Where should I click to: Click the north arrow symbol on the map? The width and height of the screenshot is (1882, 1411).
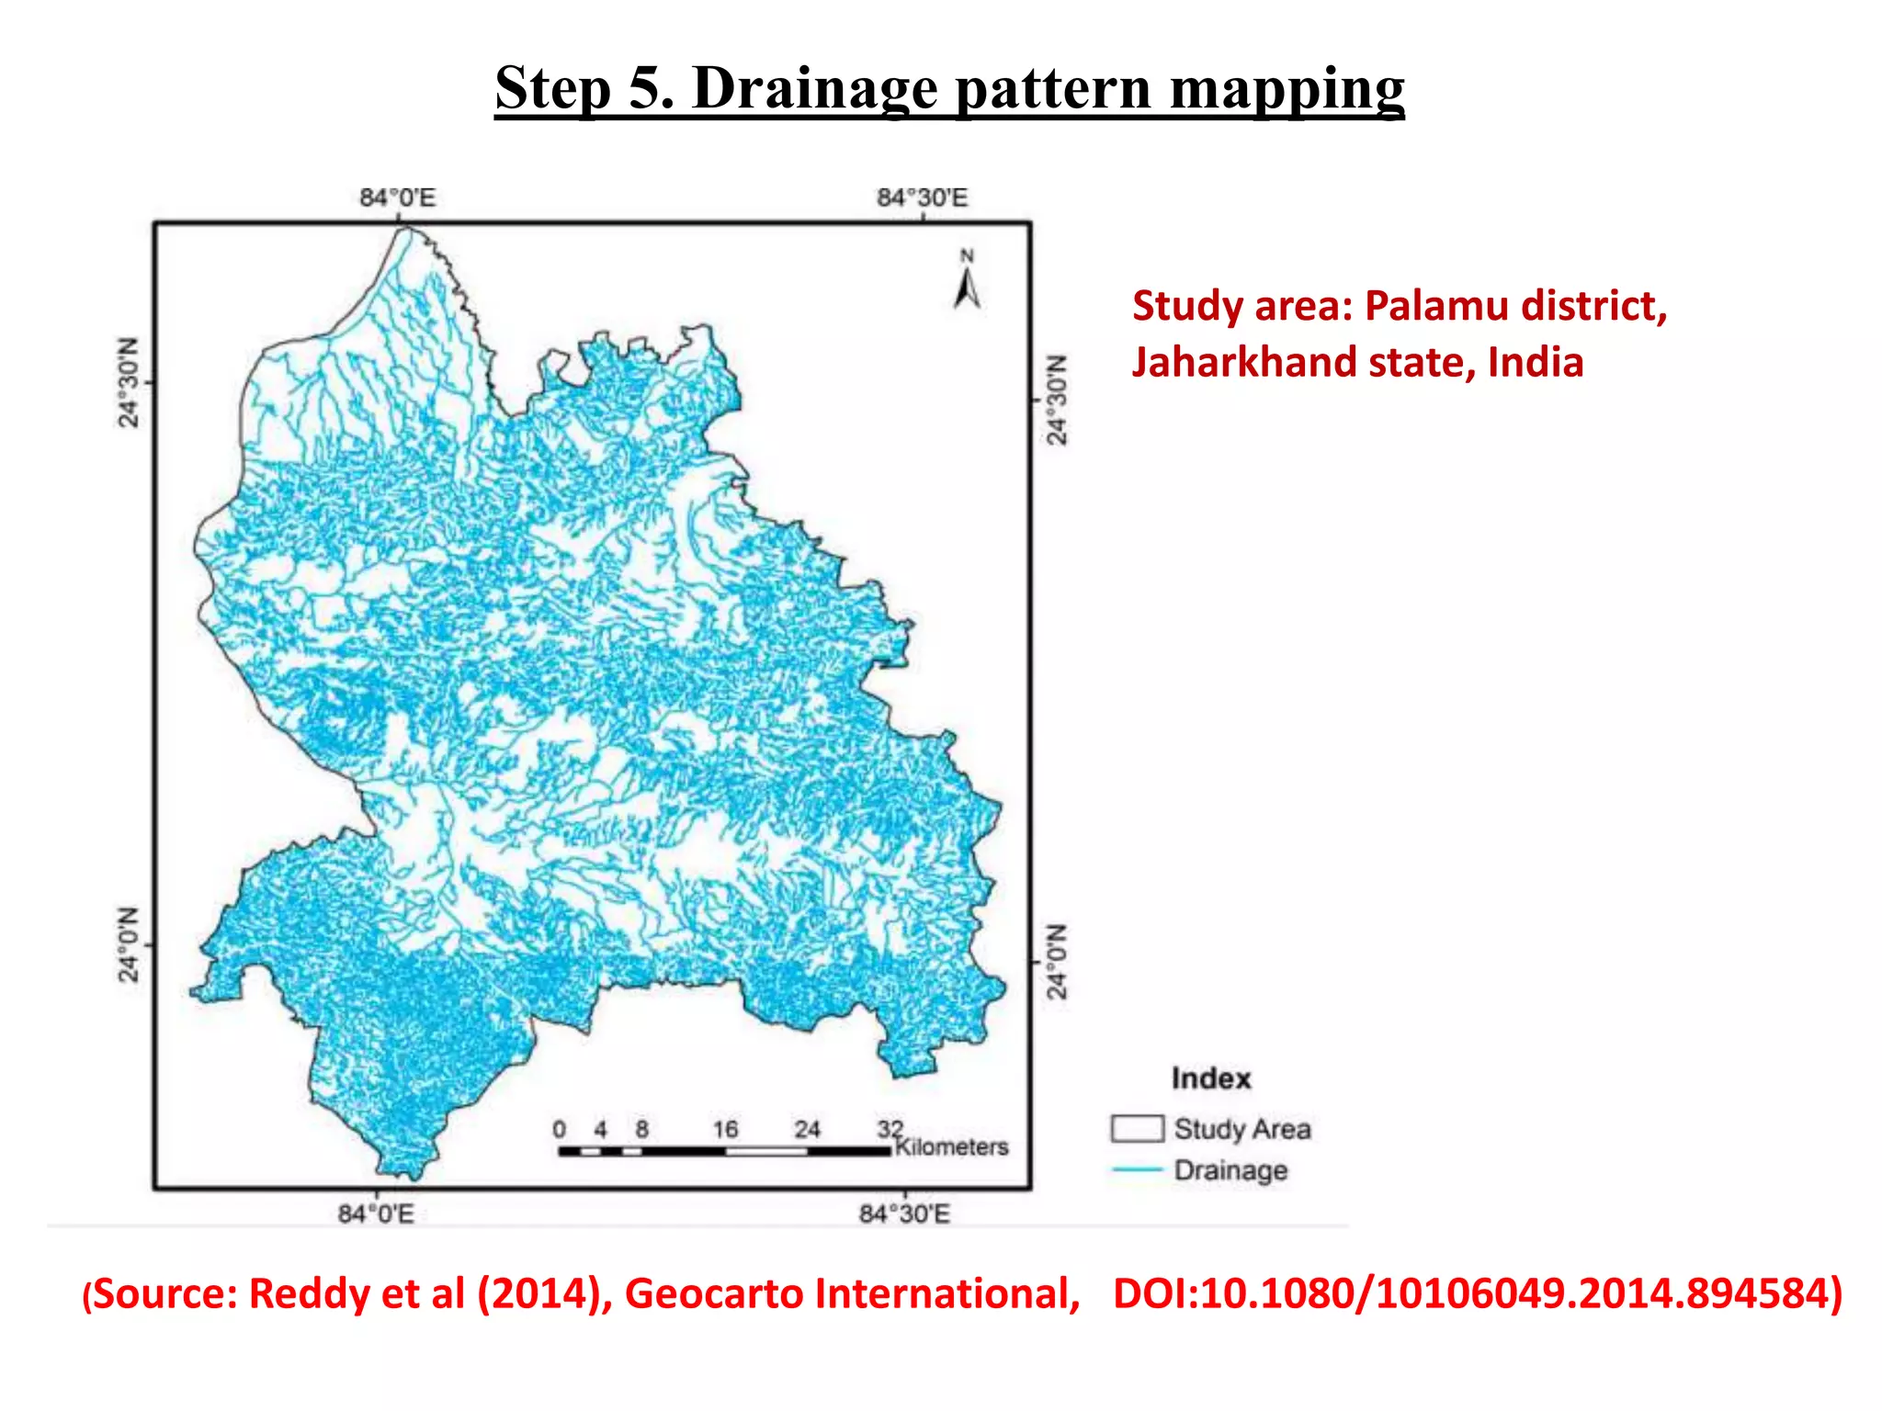(x=967, y=283)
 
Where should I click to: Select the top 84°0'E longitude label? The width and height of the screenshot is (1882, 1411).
(x=397, y=198)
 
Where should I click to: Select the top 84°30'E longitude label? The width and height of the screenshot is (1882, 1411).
(x=922, y=198)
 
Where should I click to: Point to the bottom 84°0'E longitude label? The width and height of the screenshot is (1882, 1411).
(x=376, y=1213)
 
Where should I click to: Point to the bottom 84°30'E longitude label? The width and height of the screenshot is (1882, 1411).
(x=904, y=1213)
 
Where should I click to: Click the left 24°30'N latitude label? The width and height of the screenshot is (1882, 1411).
(x=129, y=382)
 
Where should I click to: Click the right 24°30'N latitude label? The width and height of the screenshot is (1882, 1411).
(x=1058, y=400)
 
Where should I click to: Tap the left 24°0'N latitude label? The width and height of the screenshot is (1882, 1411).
(x=129, y=944)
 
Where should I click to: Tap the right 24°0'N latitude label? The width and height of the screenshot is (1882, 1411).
(x=1058, y=962)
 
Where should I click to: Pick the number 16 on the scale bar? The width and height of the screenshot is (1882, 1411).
(x=725, y=1129)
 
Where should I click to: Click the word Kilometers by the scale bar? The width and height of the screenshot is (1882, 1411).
(x=951, y=1146)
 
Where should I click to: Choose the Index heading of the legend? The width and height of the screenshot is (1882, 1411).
(x=1211, y=1078)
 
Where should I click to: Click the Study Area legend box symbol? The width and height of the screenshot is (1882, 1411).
(x=1137, y=1128)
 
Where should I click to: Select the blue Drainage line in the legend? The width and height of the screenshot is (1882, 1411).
(x=1137, y=1169)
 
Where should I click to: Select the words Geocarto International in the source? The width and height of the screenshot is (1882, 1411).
(x=852, y=1293)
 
